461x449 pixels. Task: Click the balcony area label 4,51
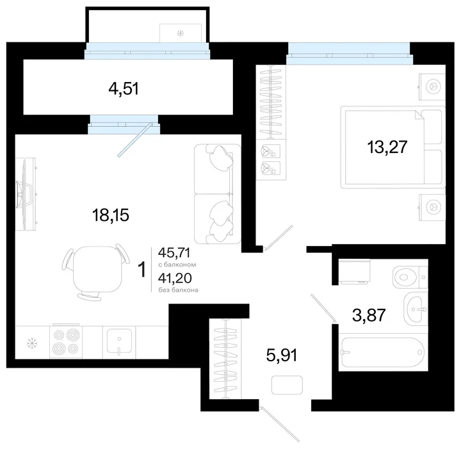tap(124, 88)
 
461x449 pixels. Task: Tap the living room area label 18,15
tap(111, 215)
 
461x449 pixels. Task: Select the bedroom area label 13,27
tap(387, 147)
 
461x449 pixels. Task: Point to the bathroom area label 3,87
tap(369, 315)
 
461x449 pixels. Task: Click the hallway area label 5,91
tap(282, 355)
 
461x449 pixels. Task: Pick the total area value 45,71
tap(174, 252)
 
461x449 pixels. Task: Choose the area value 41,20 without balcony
tap(175, 277)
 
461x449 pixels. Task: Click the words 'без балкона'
tap(178, 290)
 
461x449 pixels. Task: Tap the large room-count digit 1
tap(142, 270)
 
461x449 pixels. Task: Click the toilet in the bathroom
tap(410, 277)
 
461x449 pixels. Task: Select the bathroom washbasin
tap(416, 309)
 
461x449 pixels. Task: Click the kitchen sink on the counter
tap(119, 341)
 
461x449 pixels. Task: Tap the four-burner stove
tap(66, 341)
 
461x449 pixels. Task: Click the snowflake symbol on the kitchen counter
tap(31, 343)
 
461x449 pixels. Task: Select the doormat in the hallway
tap(287, 385)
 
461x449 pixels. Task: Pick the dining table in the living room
tap(97, 269)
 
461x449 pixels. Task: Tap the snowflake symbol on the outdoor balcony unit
tap(180, 33)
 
